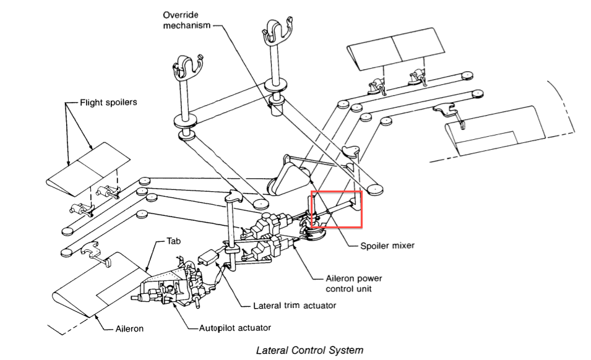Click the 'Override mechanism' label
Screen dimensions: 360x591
pyautogui.click(x=187, y=20)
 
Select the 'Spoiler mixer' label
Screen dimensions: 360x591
pyautogui.click(x=387, y=246)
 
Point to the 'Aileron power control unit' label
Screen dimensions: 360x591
pyautogui.click(x=355, y=284)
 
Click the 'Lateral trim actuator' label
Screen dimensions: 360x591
pyautogui.click(x=290, y=306)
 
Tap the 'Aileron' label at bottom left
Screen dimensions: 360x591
pyautogui.click(x=129, y=328)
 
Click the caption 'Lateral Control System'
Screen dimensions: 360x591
pyautogui.click(x=309, y=350)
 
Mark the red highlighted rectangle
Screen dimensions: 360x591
pyautogui.click(x=336, y=210)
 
